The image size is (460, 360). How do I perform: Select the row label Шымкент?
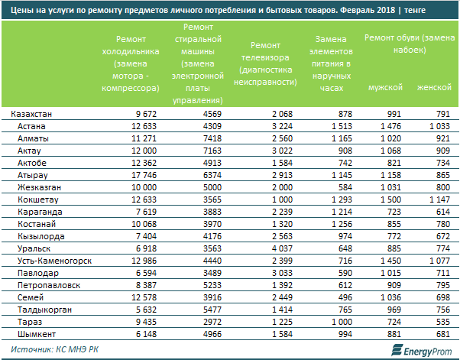pyautogui.click(x=36, y=335)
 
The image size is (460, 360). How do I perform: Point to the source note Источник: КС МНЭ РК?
pyautogui.click(x=55, y=349)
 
